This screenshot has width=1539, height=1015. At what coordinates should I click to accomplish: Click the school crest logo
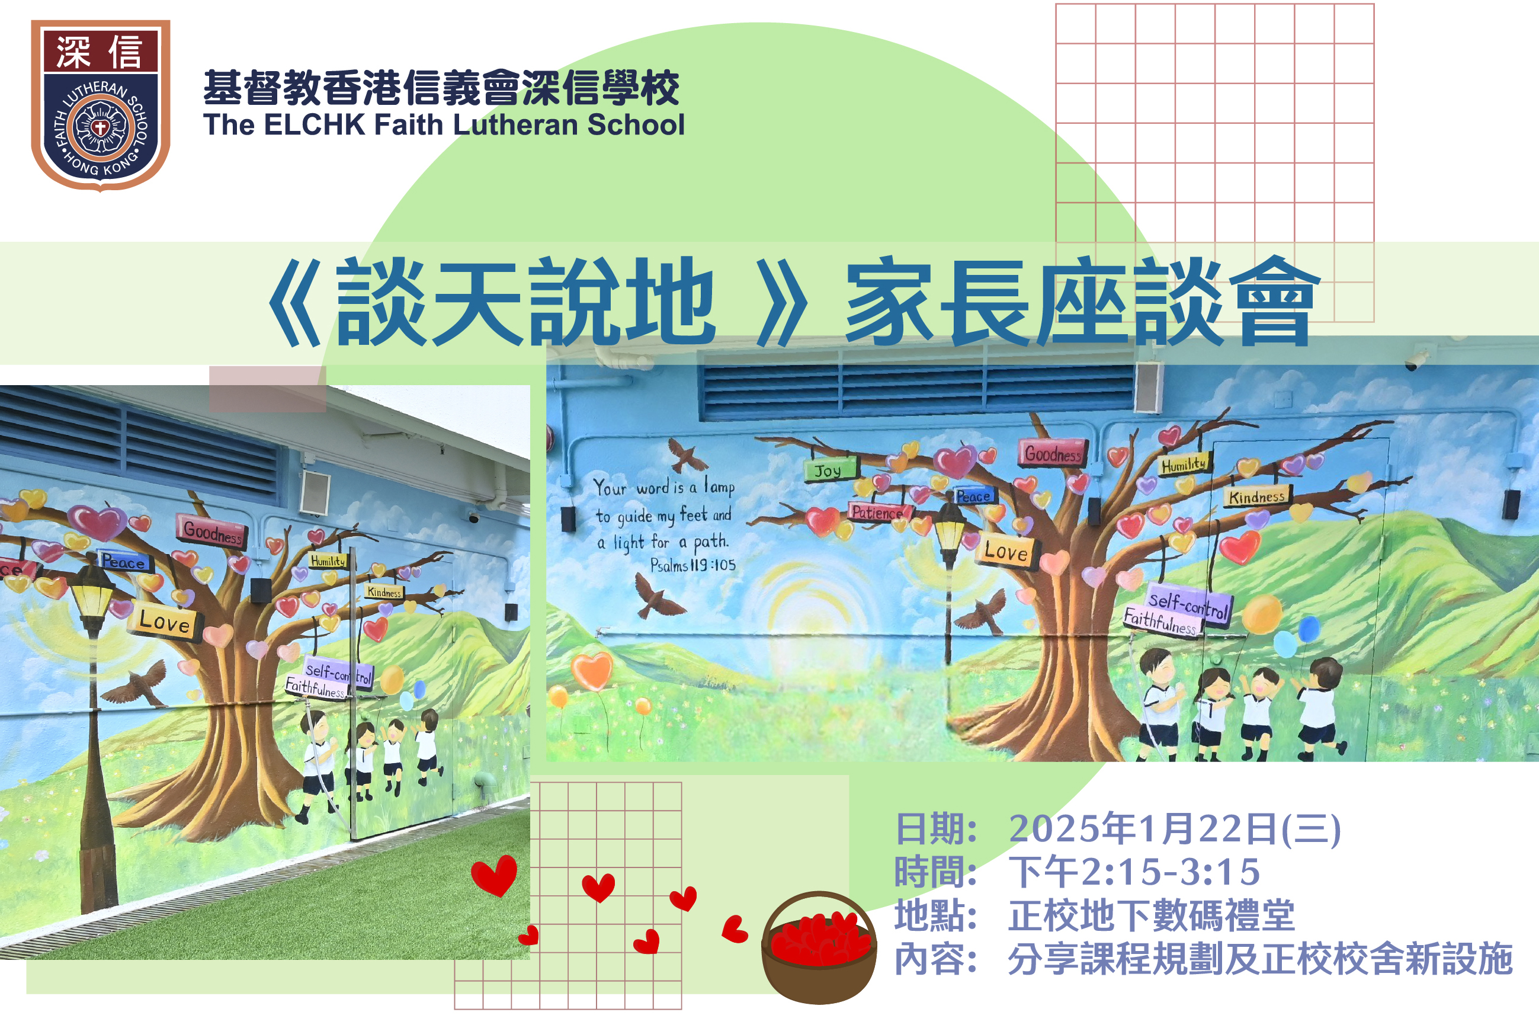click(x=101, y=105)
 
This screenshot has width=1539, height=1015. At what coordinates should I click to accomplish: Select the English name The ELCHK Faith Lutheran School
click(x=444, y=125)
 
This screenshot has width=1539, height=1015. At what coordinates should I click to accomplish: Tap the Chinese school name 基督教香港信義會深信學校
click(x=441, y=87)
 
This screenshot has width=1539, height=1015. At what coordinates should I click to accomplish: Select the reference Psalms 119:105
click(x=693, y=566)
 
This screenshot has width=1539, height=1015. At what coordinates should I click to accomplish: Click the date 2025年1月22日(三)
click(x=1175, y=829)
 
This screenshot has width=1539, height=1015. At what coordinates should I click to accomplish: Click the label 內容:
click(x=936, y=959)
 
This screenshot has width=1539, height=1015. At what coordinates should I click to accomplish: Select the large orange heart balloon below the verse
click(x=592, y=671)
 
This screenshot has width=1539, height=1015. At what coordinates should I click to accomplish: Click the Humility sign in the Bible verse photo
click(x=1184, y=464)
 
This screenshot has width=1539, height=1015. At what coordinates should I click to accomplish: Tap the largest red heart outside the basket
click(x=495, y=875)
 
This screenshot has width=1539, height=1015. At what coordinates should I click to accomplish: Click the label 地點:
click(x=936, y=916)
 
